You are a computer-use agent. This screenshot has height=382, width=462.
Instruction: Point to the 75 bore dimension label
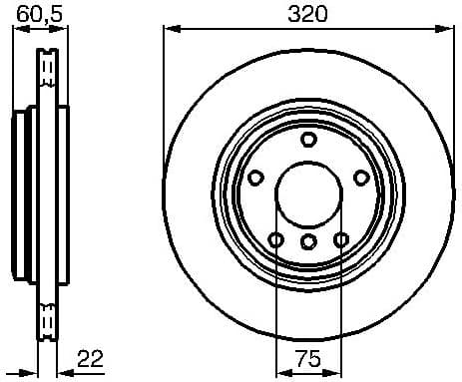coord(307,358)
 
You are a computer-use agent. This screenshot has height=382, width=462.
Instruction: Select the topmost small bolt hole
coord(307,140)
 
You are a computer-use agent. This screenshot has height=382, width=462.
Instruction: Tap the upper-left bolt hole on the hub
coord(255,178)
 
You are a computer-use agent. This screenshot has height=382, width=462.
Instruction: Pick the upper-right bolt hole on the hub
coord(360,178)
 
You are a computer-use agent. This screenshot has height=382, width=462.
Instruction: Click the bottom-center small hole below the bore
coord(307,241)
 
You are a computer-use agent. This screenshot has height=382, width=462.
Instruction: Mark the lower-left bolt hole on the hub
coord(275,239)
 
